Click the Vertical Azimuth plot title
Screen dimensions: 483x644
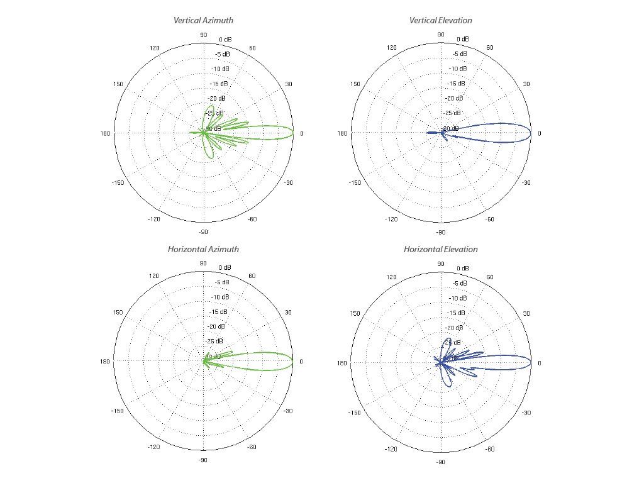pos(203,21)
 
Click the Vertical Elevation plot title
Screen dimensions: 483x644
pos(440,21)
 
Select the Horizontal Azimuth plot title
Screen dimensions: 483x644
pos(203,250)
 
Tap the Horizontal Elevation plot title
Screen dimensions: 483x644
pos(440,250)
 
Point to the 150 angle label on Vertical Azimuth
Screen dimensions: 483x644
pos(118,84)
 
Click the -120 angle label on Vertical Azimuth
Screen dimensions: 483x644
pos(153,219)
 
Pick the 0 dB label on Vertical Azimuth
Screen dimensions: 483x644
pos(225,40)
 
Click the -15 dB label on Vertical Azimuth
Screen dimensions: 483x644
pos(219,84)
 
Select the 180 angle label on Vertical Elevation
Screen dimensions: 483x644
pos(342,133)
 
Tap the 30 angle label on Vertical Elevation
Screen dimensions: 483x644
pos(527,84)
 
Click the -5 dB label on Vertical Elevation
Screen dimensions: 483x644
pos(459,54)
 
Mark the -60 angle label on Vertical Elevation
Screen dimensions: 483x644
pos(491,219)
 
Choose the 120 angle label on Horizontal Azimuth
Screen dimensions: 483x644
pos(154,277)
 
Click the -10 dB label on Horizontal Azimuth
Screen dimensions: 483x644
pos(219,297)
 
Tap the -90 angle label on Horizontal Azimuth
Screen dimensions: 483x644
pos(203,460)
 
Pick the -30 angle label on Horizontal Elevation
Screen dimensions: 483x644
pos(527,413)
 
